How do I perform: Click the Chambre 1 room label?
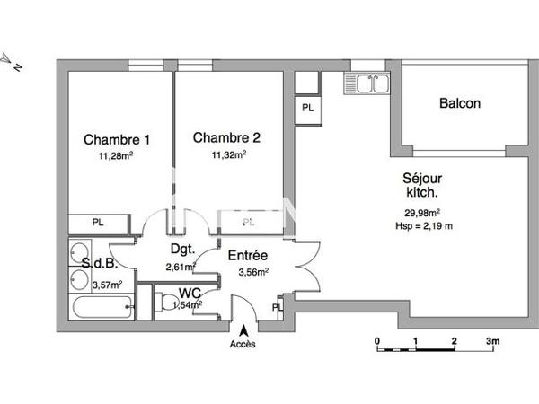pyautogui.click(x=117, y=139)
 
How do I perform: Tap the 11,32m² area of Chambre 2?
pyautogui.click(x=227, y=154)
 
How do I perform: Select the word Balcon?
pyautogui.click(x=459, y=103)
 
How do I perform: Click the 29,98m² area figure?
pyautogui.click(x=422, y=213)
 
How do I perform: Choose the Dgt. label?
pyautogui.click(x=184, y=250)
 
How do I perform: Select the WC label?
pyautogui.click(x=190, y=293)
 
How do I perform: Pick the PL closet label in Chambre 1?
pyautogui.click(x=97, y=223)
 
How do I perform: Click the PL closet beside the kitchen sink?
pyautogui.click(x=307, y=108)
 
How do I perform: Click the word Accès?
pyautogui.click(x=243, y=345)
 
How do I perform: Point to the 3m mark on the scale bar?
pyautogui.click(x=492, y=342)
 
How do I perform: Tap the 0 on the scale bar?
pyautogui.click(x=377, y=342)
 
